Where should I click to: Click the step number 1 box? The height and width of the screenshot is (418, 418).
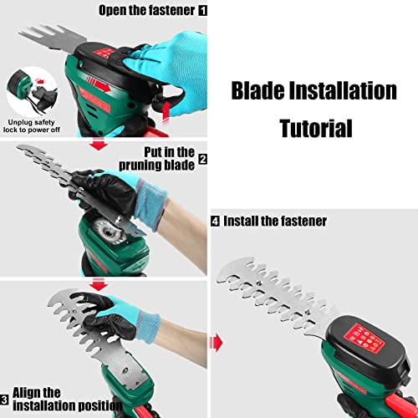coord(201,12)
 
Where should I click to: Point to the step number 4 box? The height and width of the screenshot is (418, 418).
coord(216,221)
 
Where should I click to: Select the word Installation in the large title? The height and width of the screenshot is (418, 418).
coord(346,90)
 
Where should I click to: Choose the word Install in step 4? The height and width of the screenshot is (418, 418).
coord(242,221)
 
